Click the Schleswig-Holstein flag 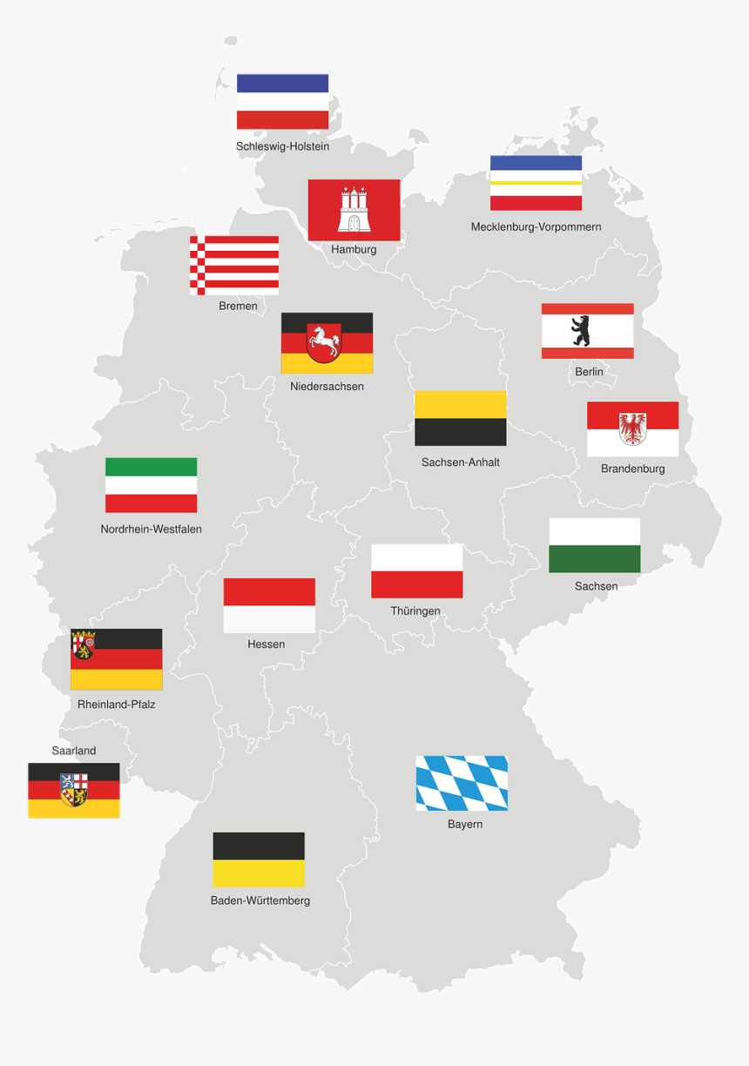[x=282, y=101]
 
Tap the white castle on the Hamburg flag [x=354, y=210]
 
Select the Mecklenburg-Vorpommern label [x=536, y=227]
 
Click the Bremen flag [x=234, y=265]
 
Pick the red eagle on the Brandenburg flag [x=632, y=428]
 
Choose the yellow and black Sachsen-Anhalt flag [x=460, y=418]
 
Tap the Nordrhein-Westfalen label [x=151, y=529]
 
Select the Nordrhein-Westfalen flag [x=151, y=485]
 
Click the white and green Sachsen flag [x=594, y=545]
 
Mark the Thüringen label [x=415, y=611]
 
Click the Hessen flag [x=269, y=605]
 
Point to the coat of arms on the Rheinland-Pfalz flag [x=84, y=645]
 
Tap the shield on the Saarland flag [x=74, y=789]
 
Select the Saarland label [x=74, y=751]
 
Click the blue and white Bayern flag [x=462, y=783]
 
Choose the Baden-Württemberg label [x=260, y=901]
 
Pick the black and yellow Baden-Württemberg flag [x=259, y=860]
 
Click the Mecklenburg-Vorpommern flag [x=536, y=183]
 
